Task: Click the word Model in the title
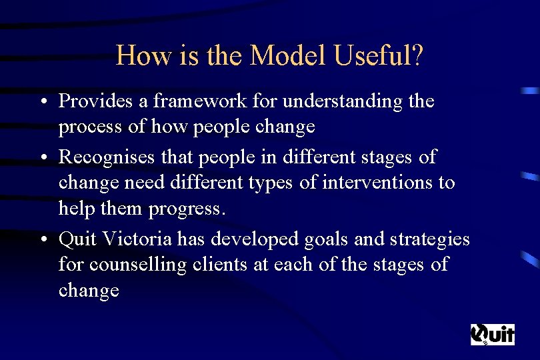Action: coord(289,56)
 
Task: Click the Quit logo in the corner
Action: coord(493,333)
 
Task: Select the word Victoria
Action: coord(137,239)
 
